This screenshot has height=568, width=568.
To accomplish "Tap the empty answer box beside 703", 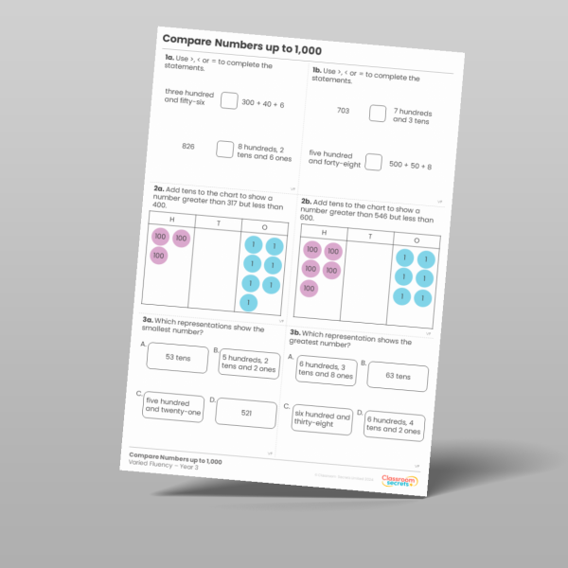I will click(378, 114).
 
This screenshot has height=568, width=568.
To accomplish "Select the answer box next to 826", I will click(224, 149).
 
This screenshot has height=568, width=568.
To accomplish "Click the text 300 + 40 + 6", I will click(262, 103).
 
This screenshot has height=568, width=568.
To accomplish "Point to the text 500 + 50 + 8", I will click(410, 166).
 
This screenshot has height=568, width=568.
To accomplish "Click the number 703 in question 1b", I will click(343, 111).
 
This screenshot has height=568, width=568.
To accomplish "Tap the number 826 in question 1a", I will click(187, 147).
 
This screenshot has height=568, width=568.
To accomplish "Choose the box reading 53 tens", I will click(179, 358).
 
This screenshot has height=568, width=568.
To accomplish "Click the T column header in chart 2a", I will click(218, 223).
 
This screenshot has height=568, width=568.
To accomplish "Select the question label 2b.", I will click(307, 201).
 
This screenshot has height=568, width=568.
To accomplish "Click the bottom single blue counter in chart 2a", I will click(247, 303).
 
